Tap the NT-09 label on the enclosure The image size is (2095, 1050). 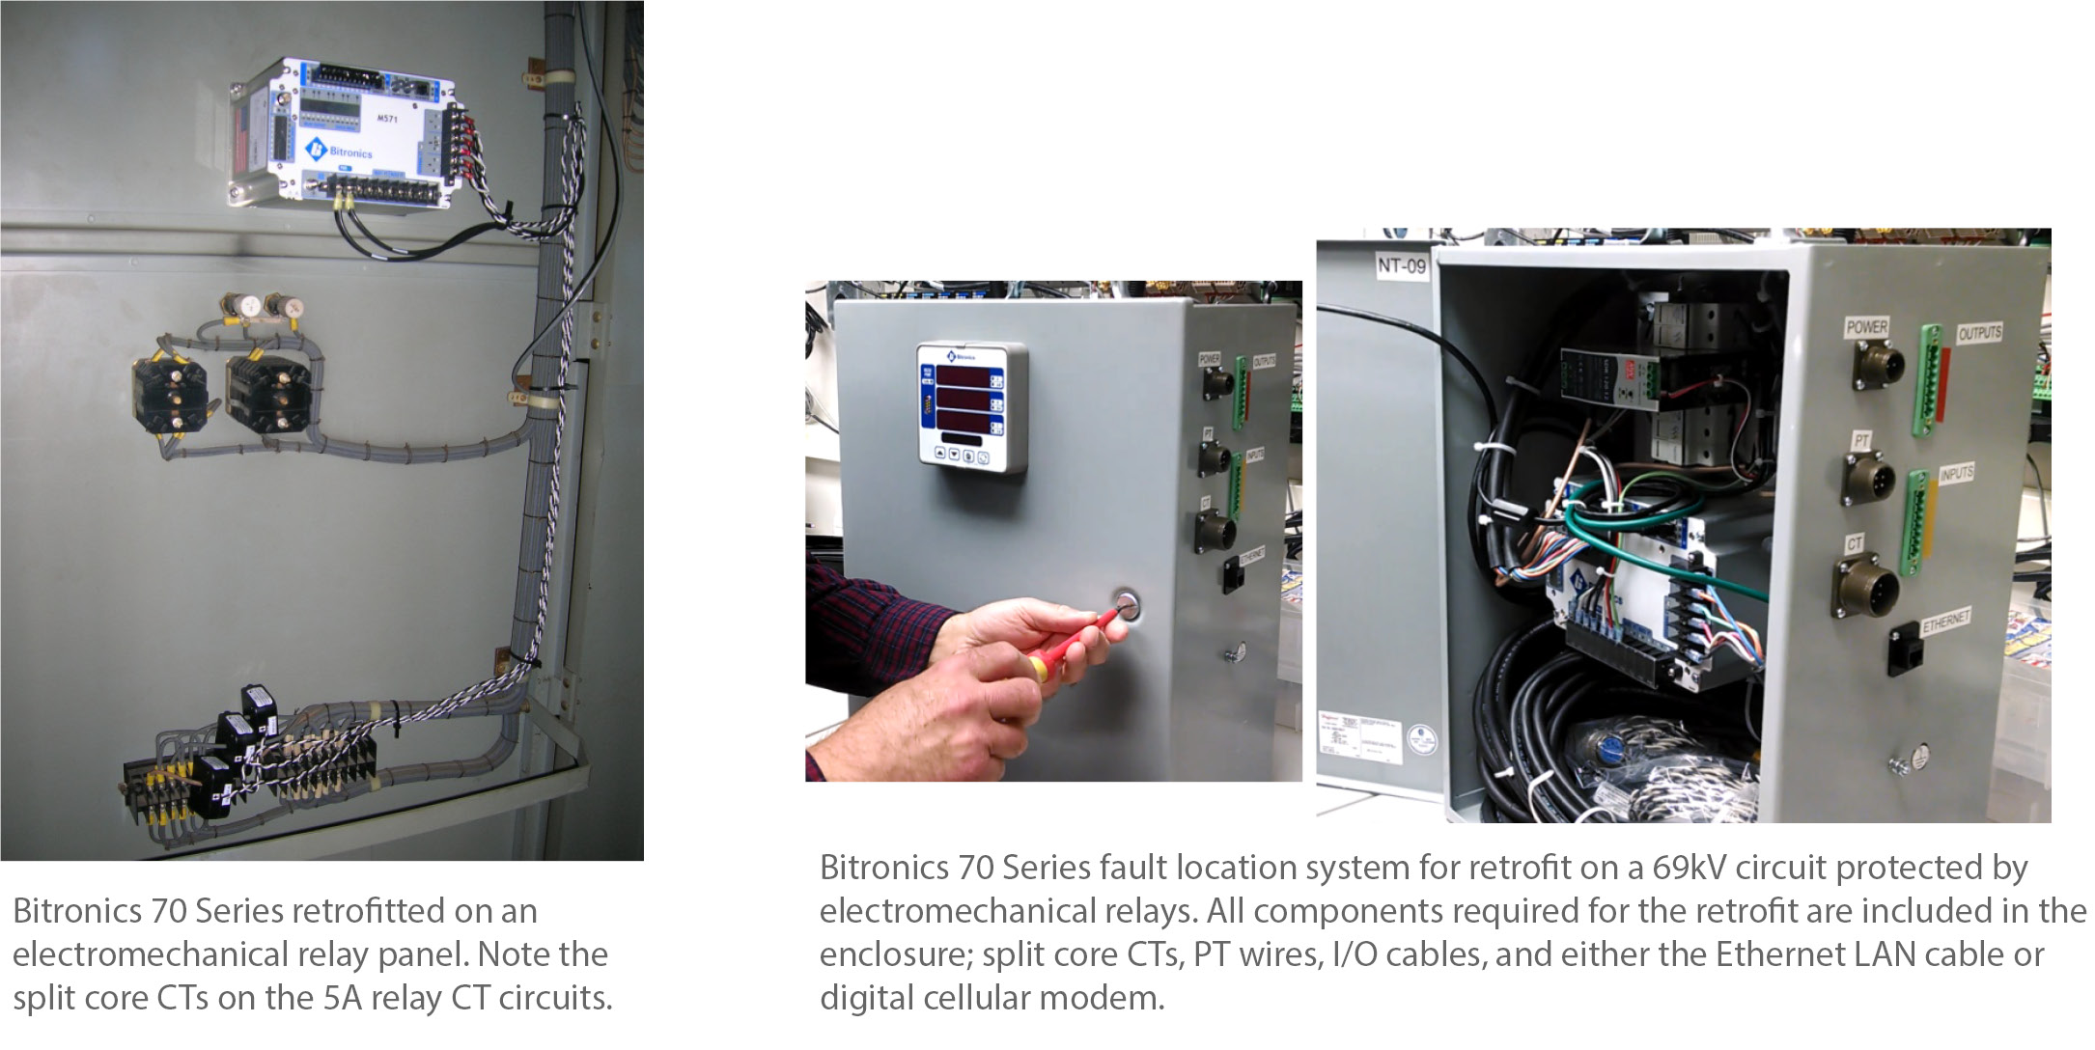pyautogui.click(x=1401, y=265)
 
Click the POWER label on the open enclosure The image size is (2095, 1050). pyautogui.click(x=1865, y=327)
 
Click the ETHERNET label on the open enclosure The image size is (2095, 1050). pyautogui.click(x=1946, y=622)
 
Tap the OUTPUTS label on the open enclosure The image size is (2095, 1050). pyautogui.click(x=1979, y=333)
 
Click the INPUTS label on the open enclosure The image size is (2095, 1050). pyautogui.click(x=1956, y=474)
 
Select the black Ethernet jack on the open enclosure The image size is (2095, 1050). pyautogui.click(x=1905, y=648)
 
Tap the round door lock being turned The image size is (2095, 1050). pyautogui.click(x=1126, y=607)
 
